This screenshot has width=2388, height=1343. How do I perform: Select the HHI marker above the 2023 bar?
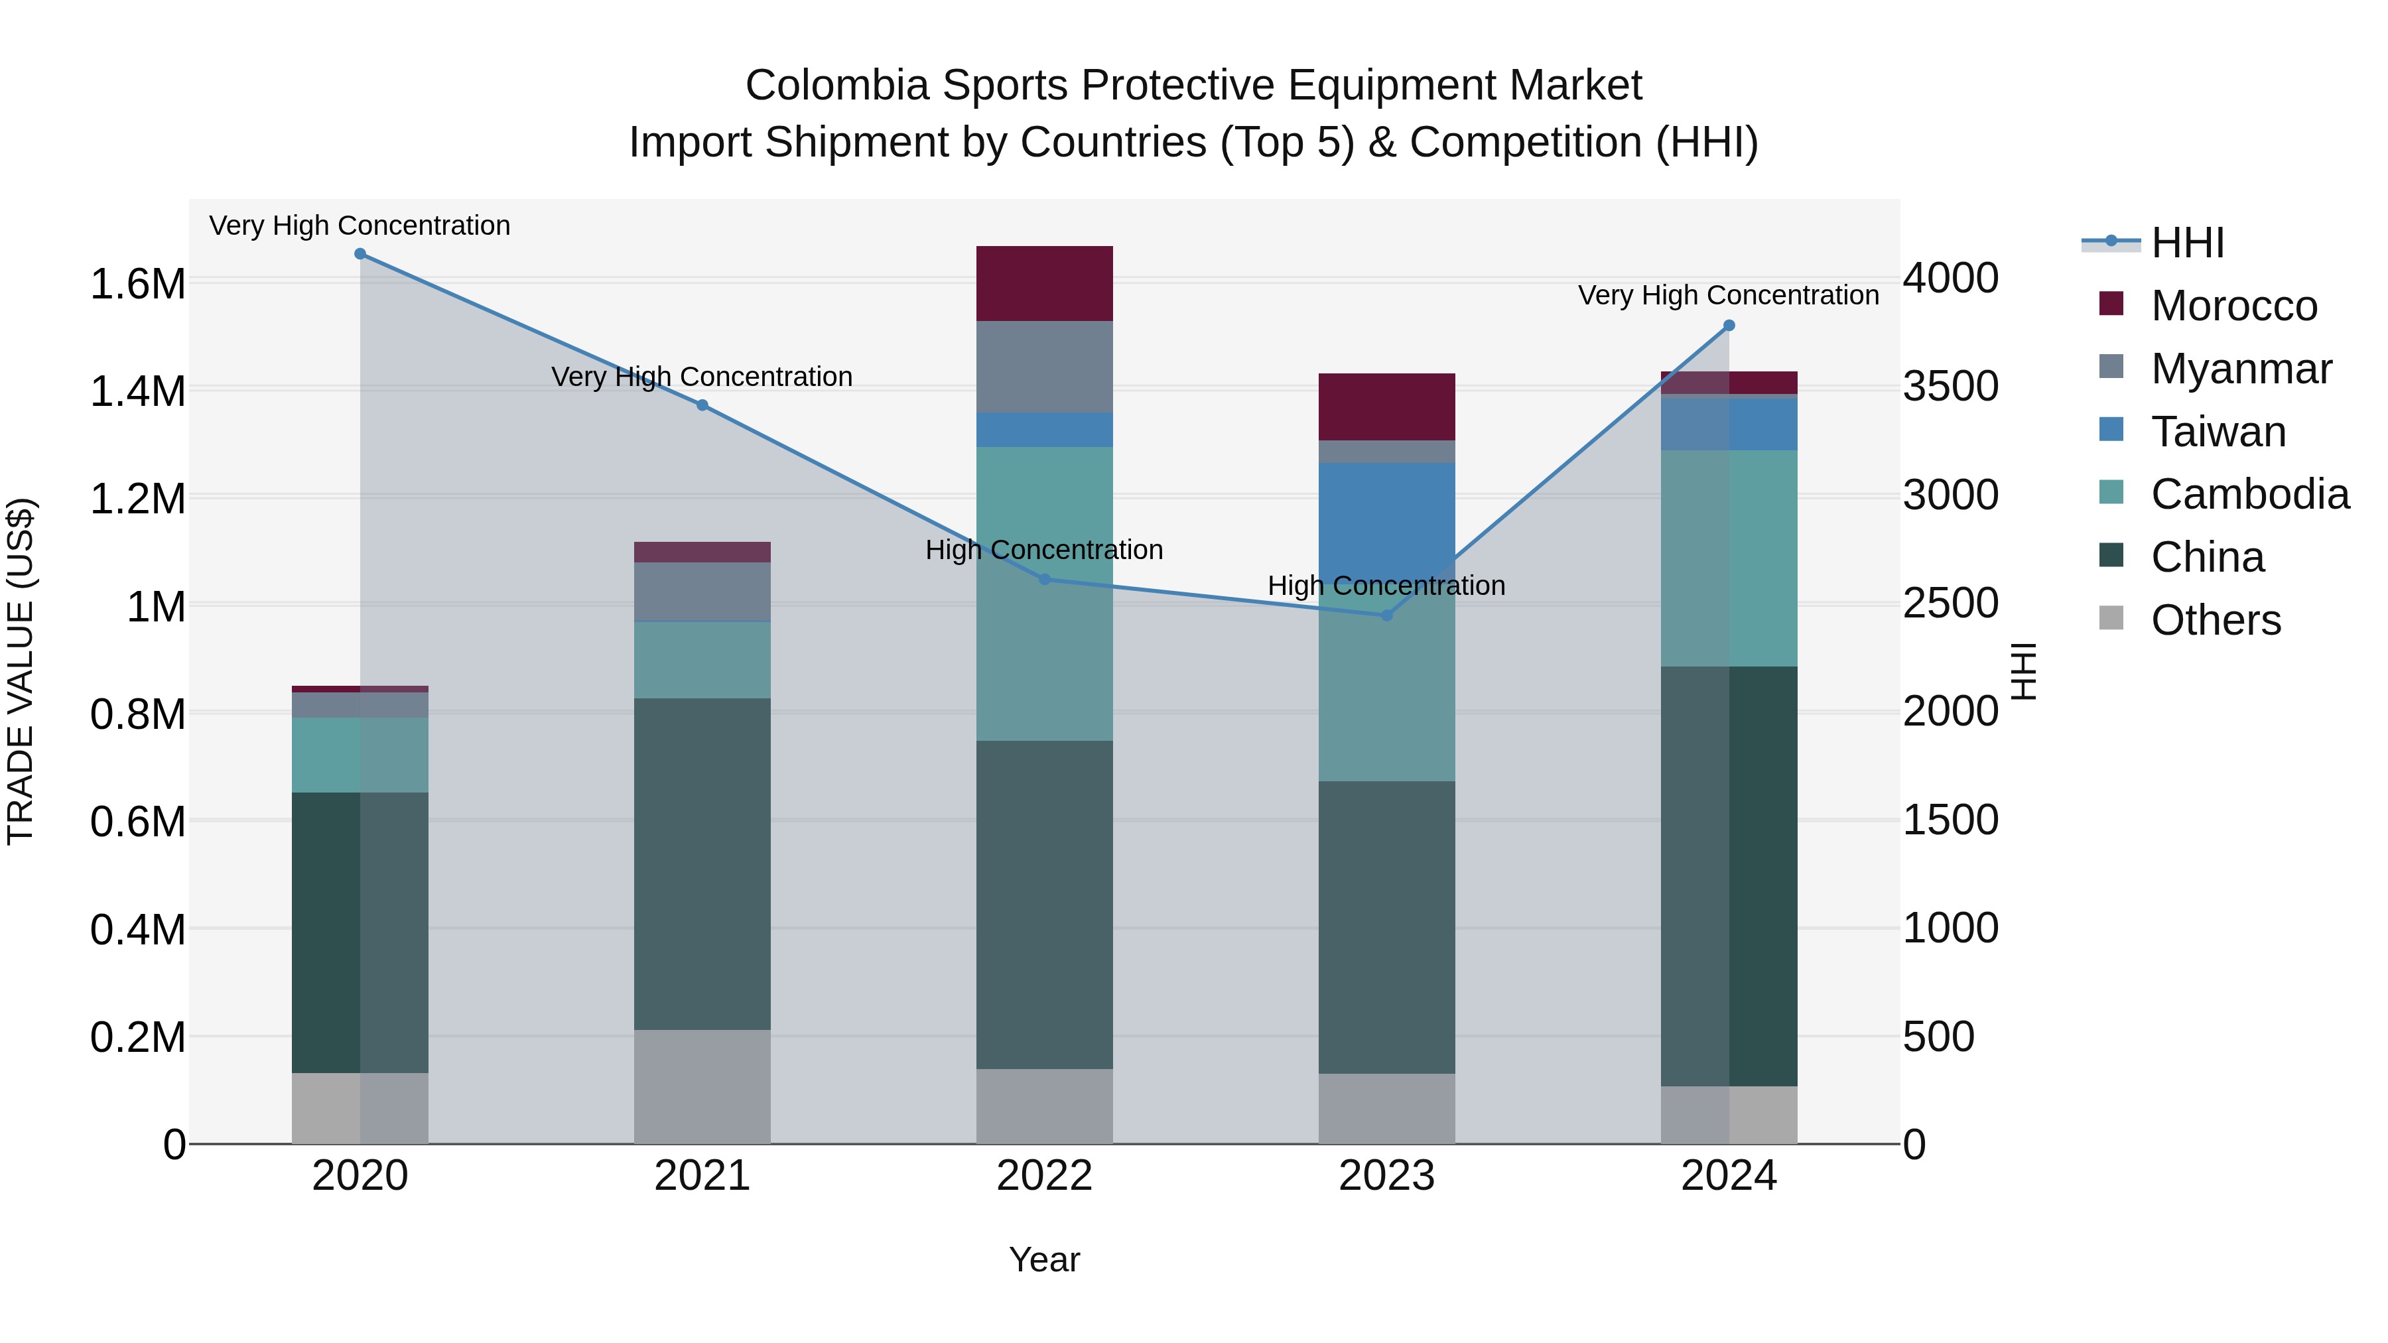1387,615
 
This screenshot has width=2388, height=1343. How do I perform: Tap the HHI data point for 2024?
1729,326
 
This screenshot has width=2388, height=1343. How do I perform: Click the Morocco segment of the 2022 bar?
1045,284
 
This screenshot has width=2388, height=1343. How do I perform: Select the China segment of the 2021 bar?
702,863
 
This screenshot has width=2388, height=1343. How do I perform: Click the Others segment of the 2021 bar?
702,1086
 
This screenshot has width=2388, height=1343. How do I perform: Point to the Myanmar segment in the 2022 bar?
1045,367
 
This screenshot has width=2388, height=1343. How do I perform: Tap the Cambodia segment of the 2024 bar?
1729,558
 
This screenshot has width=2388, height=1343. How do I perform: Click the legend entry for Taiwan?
2218,432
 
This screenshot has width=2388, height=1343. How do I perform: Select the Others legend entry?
2215,620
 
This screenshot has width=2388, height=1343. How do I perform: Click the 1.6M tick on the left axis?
137,284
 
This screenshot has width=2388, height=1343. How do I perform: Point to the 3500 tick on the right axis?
1950,387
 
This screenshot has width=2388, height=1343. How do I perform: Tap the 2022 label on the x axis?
1045,1176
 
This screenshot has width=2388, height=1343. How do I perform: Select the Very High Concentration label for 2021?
702,377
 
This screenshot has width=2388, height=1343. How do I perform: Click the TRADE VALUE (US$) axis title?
21,671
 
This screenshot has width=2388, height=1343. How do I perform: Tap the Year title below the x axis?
1044,1259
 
